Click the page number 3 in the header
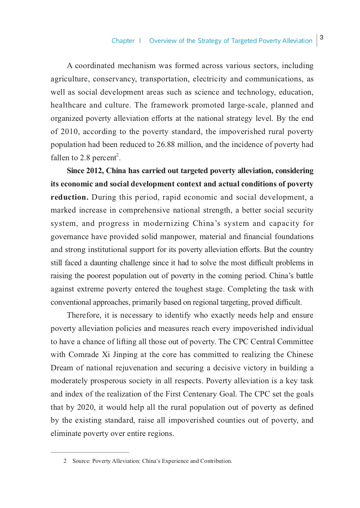[322, 37]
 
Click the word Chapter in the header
[123, 41]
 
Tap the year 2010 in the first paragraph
[69, 132]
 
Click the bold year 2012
[94, 171]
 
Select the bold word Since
[75, 171]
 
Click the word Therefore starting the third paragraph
[84, 315]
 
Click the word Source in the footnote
[81, 461]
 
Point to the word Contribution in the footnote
[216, 461]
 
